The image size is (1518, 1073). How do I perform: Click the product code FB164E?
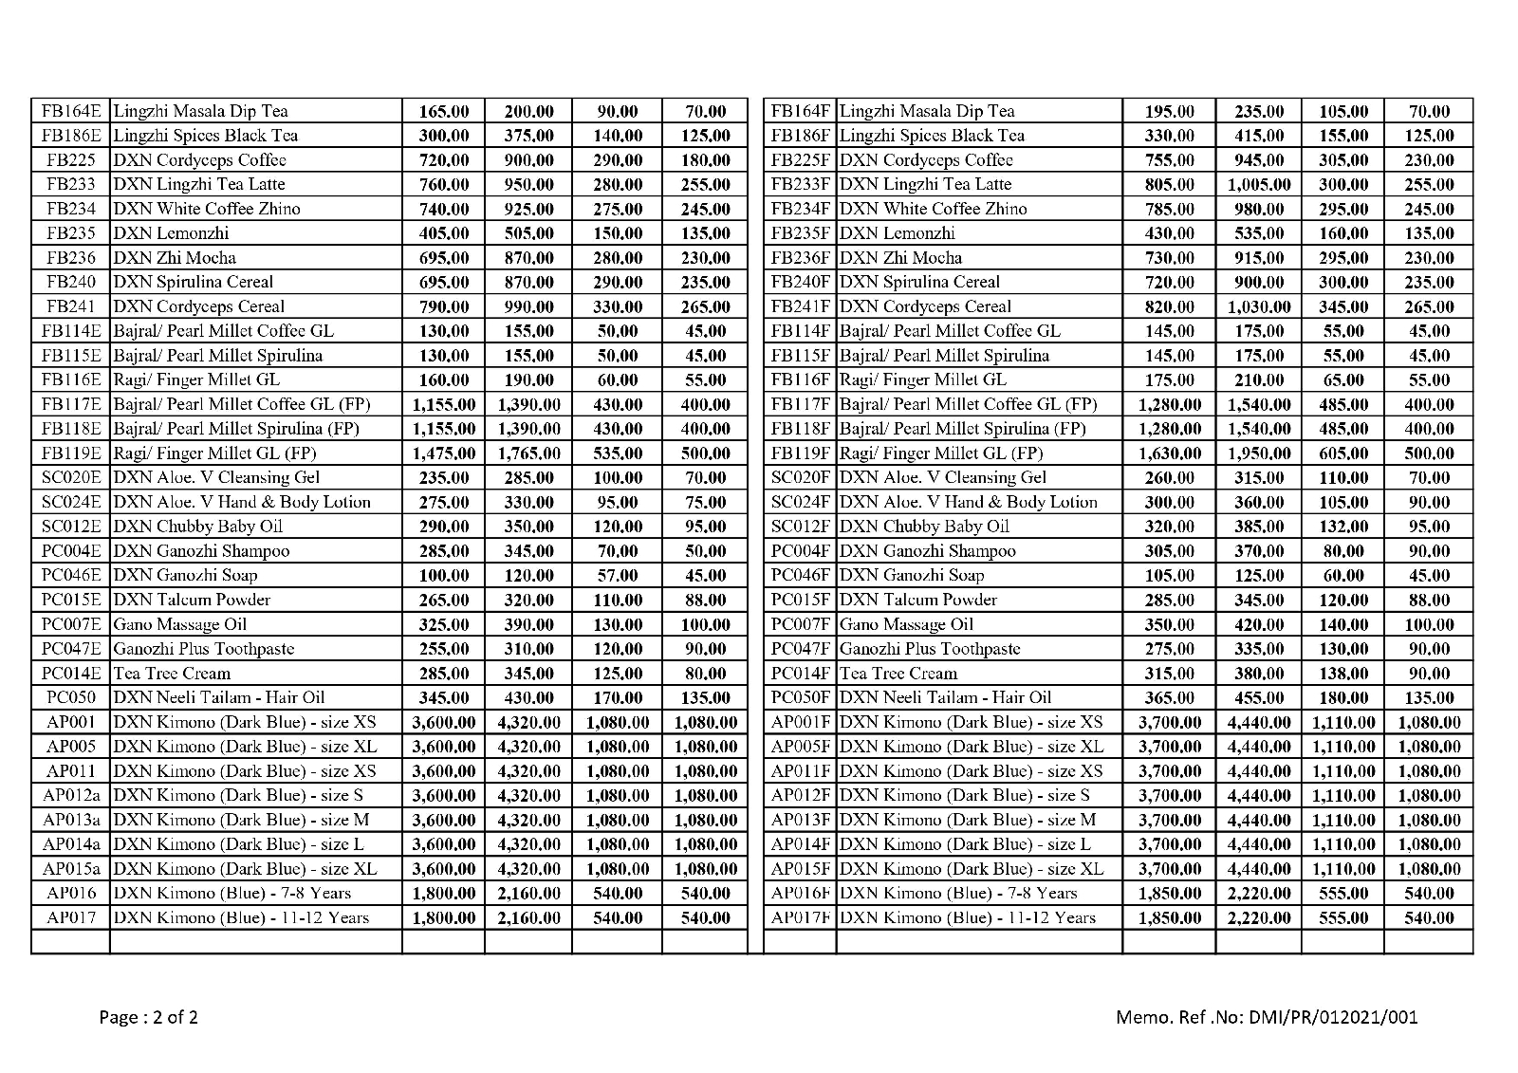[71, 111]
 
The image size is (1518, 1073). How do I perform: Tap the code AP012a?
[71, 795]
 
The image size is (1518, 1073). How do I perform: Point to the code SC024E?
[71, 502]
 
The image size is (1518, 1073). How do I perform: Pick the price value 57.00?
[617, 575]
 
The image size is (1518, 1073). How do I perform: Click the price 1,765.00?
[528, 453]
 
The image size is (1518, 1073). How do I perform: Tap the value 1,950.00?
[1259, 453]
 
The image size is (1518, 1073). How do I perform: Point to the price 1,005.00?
[1259, 184]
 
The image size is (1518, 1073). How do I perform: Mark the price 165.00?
[444, 111]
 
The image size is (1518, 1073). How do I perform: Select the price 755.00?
[1170, 160]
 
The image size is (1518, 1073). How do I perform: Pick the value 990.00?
[528, 306]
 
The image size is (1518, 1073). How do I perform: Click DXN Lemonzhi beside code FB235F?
[897, 233]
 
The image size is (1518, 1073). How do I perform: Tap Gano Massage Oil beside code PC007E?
[179, 624]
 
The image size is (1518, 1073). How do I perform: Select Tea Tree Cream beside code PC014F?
[898, 674]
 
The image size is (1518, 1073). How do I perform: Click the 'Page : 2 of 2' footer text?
[149, 1018]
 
